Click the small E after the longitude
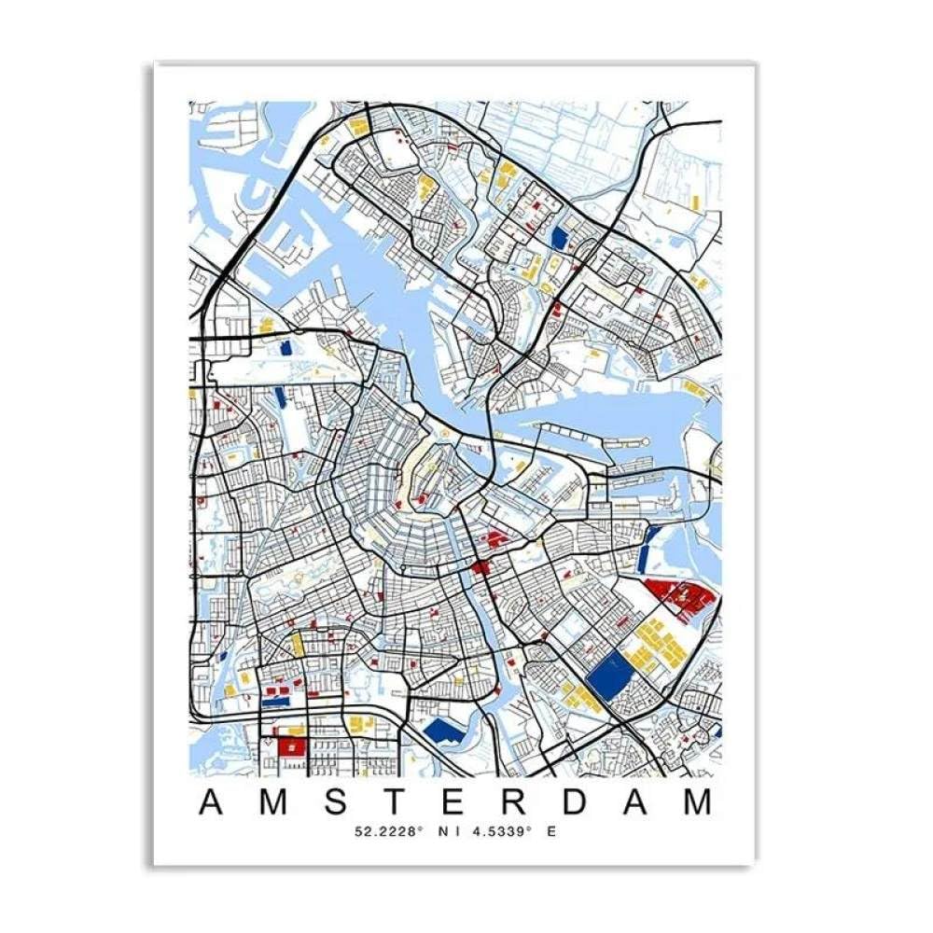551,831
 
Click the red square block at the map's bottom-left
290,747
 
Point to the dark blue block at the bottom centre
443,731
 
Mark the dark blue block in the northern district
559,237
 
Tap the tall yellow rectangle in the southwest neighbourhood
298,644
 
